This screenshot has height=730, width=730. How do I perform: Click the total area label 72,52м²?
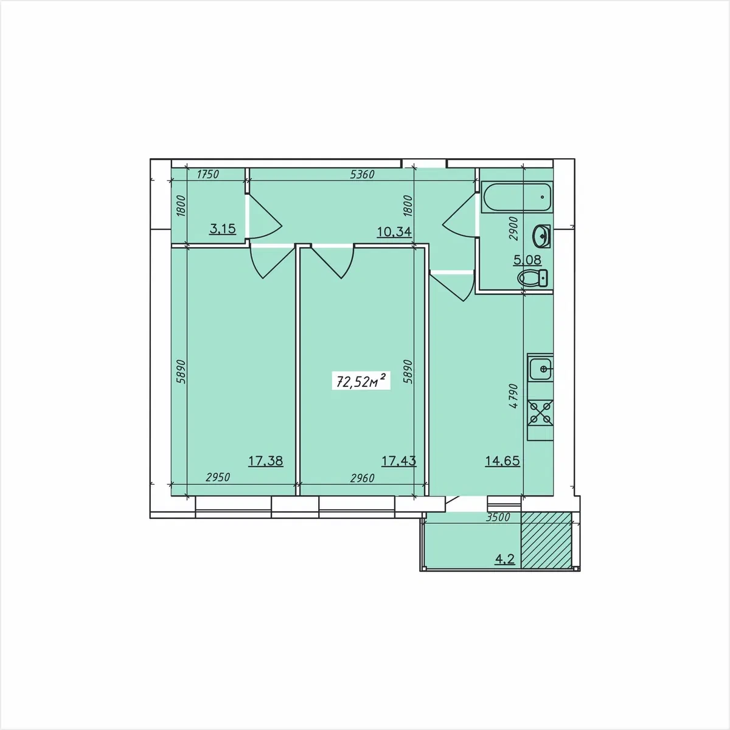361,381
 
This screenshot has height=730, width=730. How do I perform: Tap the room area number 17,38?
266,461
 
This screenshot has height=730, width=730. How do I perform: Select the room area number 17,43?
398,461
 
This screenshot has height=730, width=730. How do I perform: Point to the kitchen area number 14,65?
502,461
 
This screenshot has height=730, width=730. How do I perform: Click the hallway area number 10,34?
394,231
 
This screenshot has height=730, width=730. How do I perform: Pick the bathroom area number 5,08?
527,260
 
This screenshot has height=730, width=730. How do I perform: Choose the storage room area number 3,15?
223,229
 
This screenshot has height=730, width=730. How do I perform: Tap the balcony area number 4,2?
506,559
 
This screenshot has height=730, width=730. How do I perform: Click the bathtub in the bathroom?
516,197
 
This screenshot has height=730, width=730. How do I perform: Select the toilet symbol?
532,277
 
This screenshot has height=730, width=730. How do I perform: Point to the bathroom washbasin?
541,236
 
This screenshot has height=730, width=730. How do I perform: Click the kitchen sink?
540,368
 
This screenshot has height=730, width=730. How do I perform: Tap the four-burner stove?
541,412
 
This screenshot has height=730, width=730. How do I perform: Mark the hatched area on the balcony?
546,540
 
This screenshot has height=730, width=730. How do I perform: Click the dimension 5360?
362,174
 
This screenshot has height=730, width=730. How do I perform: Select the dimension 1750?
208,174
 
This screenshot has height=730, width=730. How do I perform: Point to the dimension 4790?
513,396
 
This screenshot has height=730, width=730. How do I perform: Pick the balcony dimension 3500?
498,517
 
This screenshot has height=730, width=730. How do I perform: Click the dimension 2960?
362,478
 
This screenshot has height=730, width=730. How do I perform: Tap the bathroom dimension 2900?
513,229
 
